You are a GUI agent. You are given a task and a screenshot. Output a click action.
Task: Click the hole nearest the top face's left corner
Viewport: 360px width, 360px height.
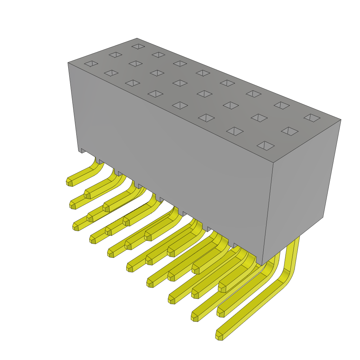[91, 64]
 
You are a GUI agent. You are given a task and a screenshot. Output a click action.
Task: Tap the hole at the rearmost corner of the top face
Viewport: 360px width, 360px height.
[138, 46]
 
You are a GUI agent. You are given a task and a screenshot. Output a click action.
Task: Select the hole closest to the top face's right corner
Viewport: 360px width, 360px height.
[312, 118]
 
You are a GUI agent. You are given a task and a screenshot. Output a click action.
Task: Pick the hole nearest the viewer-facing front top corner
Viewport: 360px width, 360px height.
[266, 146]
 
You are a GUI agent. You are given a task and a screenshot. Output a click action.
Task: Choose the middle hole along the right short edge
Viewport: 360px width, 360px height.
[290, 131]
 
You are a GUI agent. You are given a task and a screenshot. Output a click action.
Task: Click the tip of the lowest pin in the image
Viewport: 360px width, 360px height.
[219, 336]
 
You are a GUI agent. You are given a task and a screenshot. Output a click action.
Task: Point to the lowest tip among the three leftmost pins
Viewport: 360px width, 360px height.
[76, 227]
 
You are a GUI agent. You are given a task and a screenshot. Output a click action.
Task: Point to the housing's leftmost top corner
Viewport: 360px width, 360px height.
[68, 63]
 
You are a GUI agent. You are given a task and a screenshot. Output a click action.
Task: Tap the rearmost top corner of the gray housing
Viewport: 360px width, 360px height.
[137, 38]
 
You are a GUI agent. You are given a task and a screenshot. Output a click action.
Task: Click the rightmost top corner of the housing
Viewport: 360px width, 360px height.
[341, 120]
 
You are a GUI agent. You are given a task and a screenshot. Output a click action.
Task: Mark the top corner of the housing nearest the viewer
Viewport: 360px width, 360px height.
[274, 163]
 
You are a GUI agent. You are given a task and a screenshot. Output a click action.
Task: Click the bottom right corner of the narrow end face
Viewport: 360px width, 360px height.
[323, 217]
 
